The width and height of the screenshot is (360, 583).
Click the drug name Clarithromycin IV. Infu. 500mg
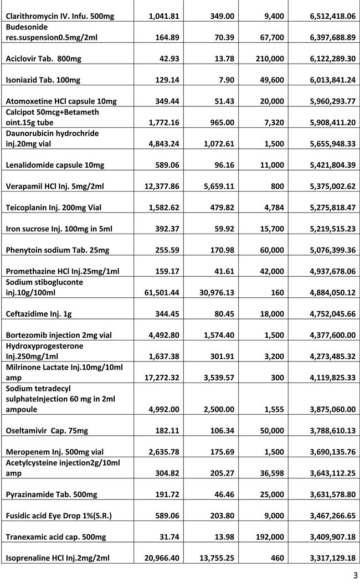pyautogui.click(x=59, y=16)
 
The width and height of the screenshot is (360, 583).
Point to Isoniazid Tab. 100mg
pyautogui.click(x=43, y=80)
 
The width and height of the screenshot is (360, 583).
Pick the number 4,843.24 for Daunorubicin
pyautogui.click(x=161, y=143)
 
